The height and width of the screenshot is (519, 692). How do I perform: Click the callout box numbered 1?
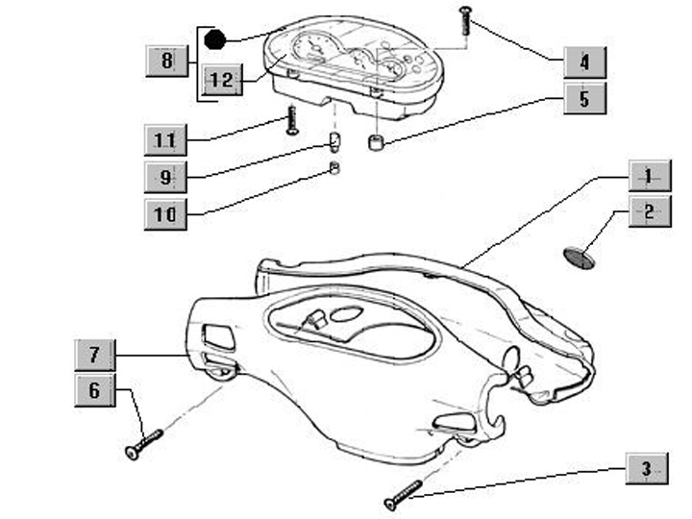coord(649,177)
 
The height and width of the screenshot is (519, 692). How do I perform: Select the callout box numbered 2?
coord(649,211)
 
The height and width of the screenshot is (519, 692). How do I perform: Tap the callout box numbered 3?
coord(645,470)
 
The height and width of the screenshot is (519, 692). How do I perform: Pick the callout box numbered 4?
coord(584,62)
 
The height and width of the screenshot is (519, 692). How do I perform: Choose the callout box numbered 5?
coord(584,98)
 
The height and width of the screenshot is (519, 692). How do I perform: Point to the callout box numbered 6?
coord(94,390)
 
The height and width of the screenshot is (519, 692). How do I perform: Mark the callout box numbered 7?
coord(94,355)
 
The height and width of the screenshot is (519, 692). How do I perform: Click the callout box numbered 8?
coord(166,62)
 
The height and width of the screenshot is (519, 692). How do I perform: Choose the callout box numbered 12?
coord(221,81)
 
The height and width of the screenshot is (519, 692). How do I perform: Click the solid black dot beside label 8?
coord(215,39)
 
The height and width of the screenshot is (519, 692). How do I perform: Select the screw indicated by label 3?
coord(403,496)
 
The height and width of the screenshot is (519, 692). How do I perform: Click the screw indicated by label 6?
coord(143,443)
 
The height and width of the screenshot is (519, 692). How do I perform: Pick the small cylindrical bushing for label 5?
coord(376,143)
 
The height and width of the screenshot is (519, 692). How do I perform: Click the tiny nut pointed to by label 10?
coord(334,169)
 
